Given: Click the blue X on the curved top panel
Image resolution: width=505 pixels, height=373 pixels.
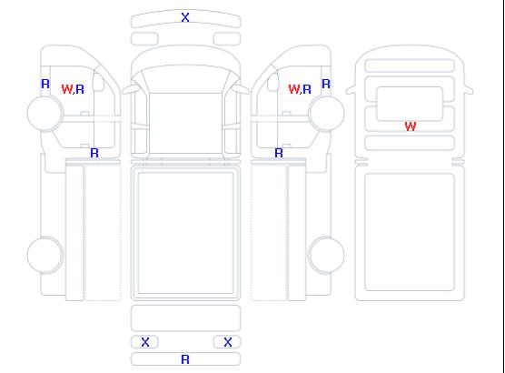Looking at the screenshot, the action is click(185, 17).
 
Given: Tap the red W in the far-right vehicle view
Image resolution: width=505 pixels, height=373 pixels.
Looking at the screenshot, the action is click(411, 126).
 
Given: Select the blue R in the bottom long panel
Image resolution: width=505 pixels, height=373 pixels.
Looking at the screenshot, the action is click(185, 359).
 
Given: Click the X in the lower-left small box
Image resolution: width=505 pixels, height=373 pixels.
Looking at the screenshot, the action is click(145, 342).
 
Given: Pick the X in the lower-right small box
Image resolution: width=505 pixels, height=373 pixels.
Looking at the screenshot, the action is click(228, 342).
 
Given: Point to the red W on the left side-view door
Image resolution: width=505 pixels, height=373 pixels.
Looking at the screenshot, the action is click(67, 89).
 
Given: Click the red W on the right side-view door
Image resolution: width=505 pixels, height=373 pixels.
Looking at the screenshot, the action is click(294, 89).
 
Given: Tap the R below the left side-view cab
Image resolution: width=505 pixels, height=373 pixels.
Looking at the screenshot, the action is click(94, 153).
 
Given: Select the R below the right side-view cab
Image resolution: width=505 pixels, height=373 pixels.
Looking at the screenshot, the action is click(279, 153).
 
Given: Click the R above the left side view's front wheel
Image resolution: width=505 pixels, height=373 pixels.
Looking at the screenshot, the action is click(45, 84).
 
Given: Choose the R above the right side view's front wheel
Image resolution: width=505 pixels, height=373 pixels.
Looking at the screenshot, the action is click(326, 84).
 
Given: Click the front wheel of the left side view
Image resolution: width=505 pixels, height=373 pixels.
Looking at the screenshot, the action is click(45, 114).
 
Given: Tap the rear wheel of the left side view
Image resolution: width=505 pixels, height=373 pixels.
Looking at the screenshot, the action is click(45, 255).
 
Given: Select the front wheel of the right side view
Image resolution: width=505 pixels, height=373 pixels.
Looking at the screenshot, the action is click(327, 114).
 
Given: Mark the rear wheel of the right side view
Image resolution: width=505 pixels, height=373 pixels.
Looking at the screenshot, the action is click(327, 255).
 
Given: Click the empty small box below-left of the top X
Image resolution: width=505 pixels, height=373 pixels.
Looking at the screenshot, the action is click(144, 39).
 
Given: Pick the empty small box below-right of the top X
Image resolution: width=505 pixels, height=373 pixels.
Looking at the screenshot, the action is click(227, 39).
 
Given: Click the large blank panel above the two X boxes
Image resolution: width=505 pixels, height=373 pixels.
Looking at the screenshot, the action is click(185, 318).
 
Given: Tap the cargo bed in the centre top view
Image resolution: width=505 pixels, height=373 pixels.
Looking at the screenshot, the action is click(185, 233).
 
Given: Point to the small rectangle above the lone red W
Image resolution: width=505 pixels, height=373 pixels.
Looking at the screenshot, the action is click(410, 104).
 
